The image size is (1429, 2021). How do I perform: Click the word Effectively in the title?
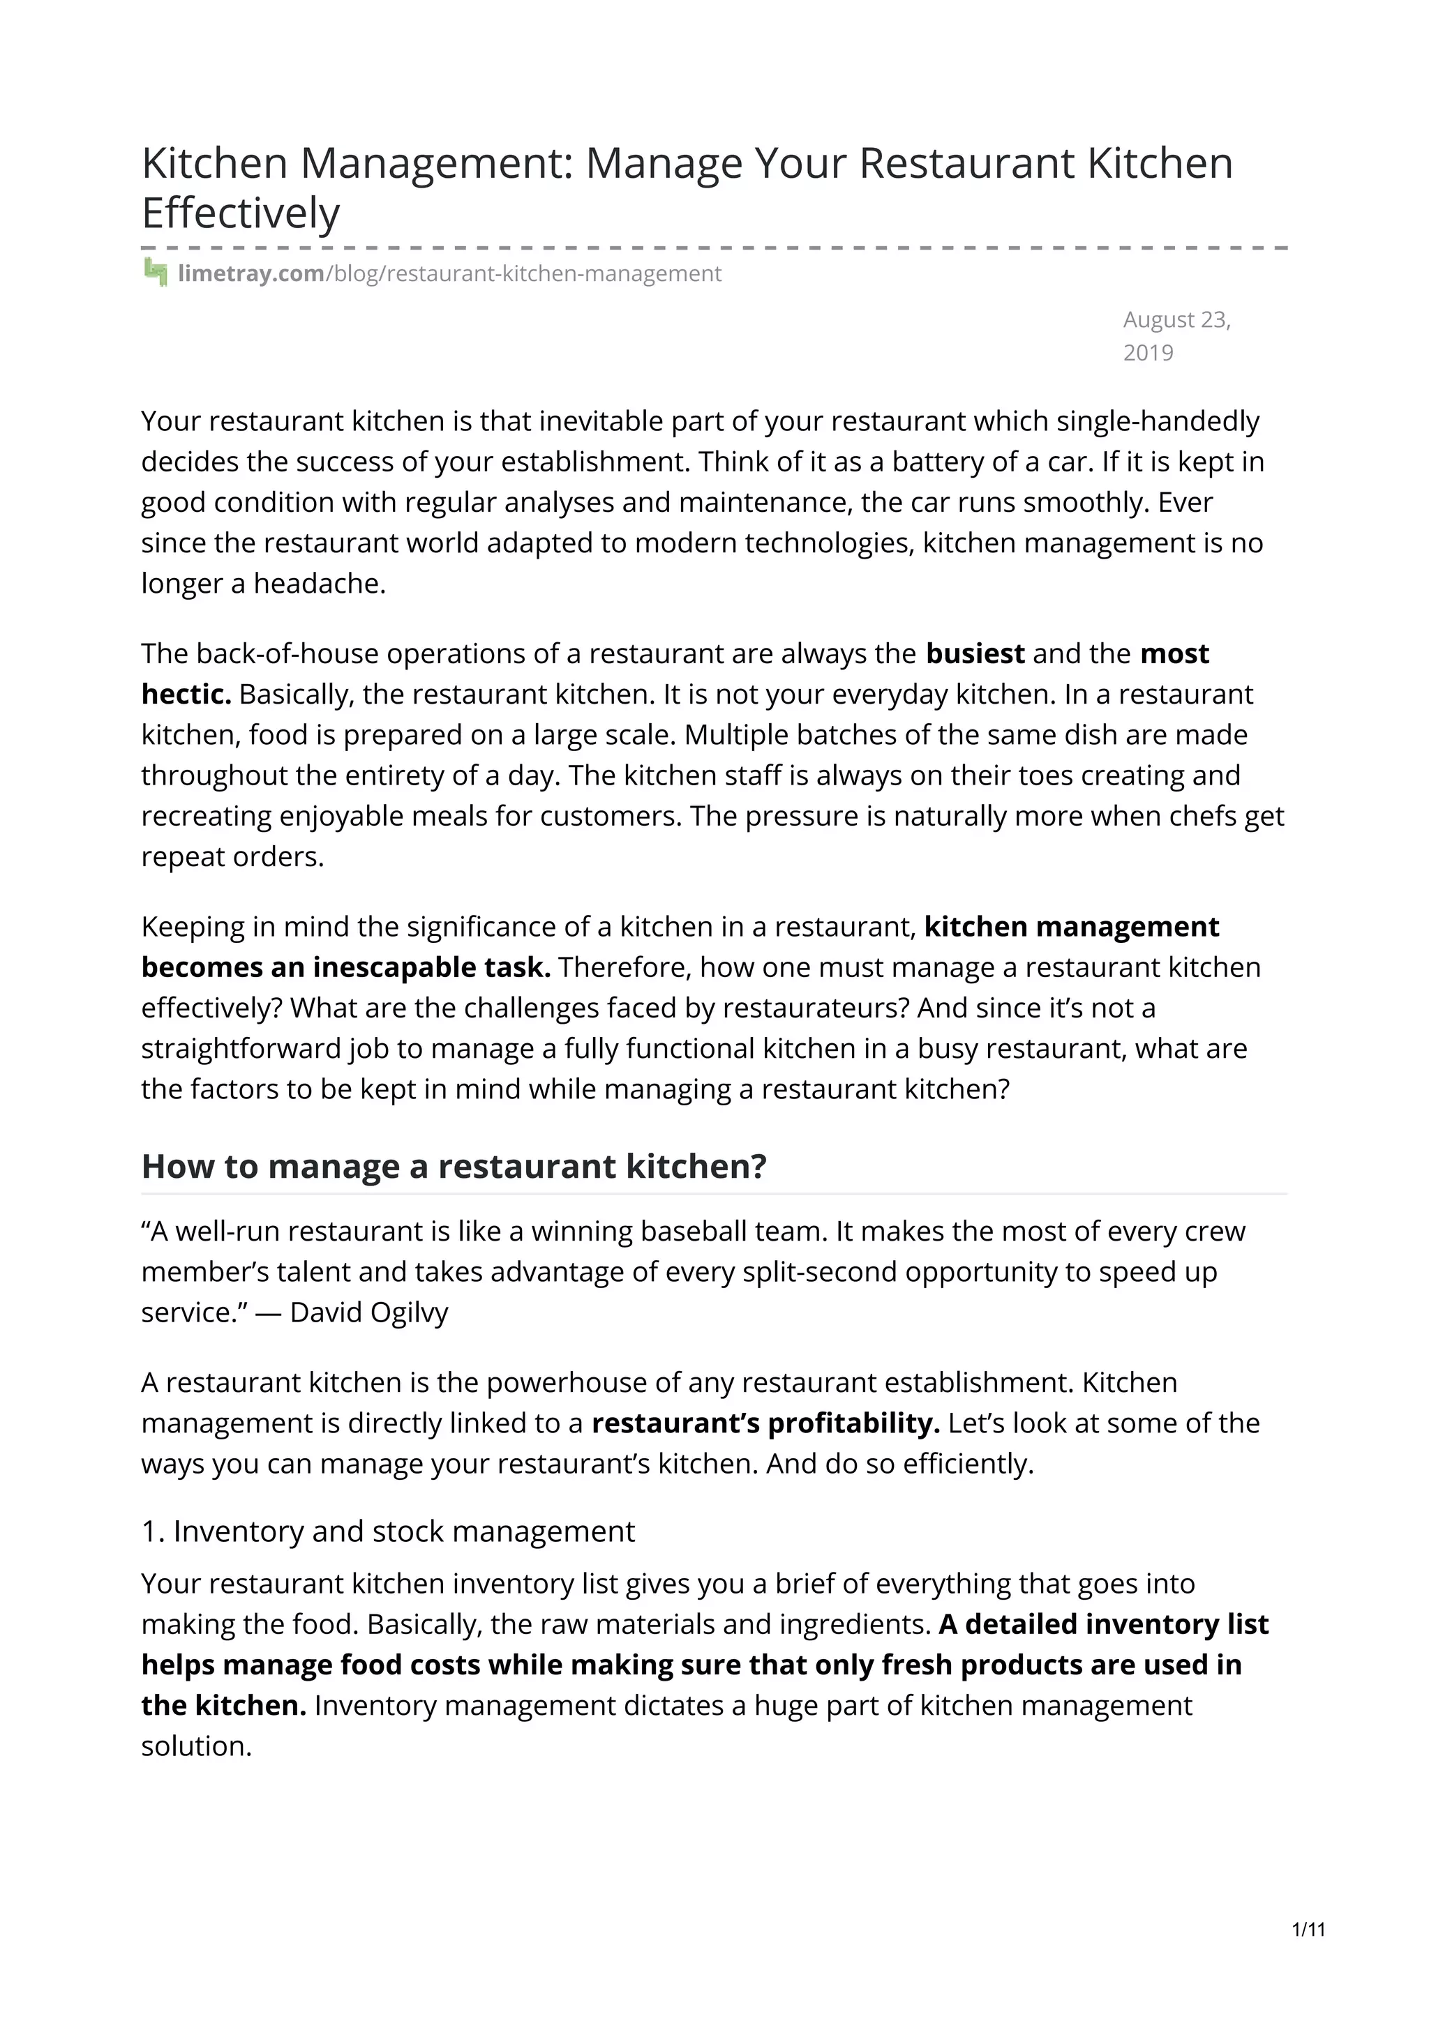tap(240, 214)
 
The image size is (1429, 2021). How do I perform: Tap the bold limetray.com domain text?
tap(251, 274)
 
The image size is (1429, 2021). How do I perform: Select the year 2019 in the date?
tap(1148, 353)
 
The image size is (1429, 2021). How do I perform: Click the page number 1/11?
tap(1308, 1930)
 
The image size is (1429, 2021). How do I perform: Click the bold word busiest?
tap(975, 654)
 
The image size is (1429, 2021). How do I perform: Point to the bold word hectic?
tap(186, 695)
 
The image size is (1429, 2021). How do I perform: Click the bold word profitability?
tap(854, 1423)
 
